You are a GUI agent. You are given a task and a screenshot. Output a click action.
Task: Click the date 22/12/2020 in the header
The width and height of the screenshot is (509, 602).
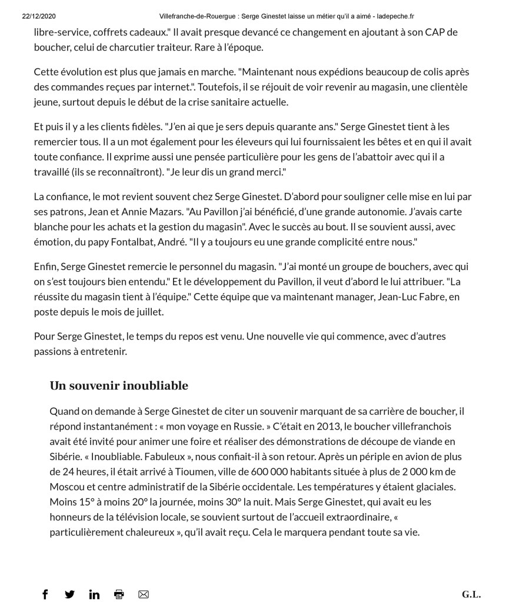click(39, 16)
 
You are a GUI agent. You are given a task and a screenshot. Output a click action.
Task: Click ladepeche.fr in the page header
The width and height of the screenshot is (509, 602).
click(393, 16)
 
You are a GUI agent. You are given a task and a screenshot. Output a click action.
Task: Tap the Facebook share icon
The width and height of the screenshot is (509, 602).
click(45, 594)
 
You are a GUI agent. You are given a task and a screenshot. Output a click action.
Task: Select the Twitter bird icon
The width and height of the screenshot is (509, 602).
click(69, 594)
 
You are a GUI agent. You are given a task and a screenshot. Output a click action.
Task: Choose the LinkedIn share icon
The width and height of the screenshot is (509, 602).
click(94, 594)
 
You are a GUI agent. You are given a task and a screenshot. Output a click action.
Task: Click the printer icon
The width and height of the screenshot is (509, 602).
click(119, 594)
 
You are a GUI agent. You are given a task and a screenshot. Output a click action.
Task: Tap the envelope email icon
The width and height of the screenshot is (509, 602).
click(144, 594)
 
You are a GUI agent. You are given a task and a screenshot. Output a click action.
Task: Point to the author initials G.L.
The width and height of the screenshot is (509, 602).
click(471, 594)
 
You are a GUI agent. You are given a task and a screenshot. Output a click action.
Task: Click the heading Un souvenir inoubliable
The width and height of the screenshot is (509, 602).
click(119, 386)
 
